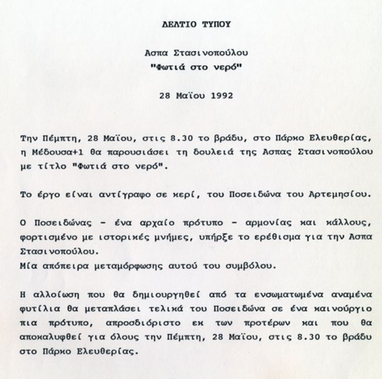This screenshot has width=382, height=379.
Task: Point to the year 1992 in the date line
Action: (214, 95)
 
